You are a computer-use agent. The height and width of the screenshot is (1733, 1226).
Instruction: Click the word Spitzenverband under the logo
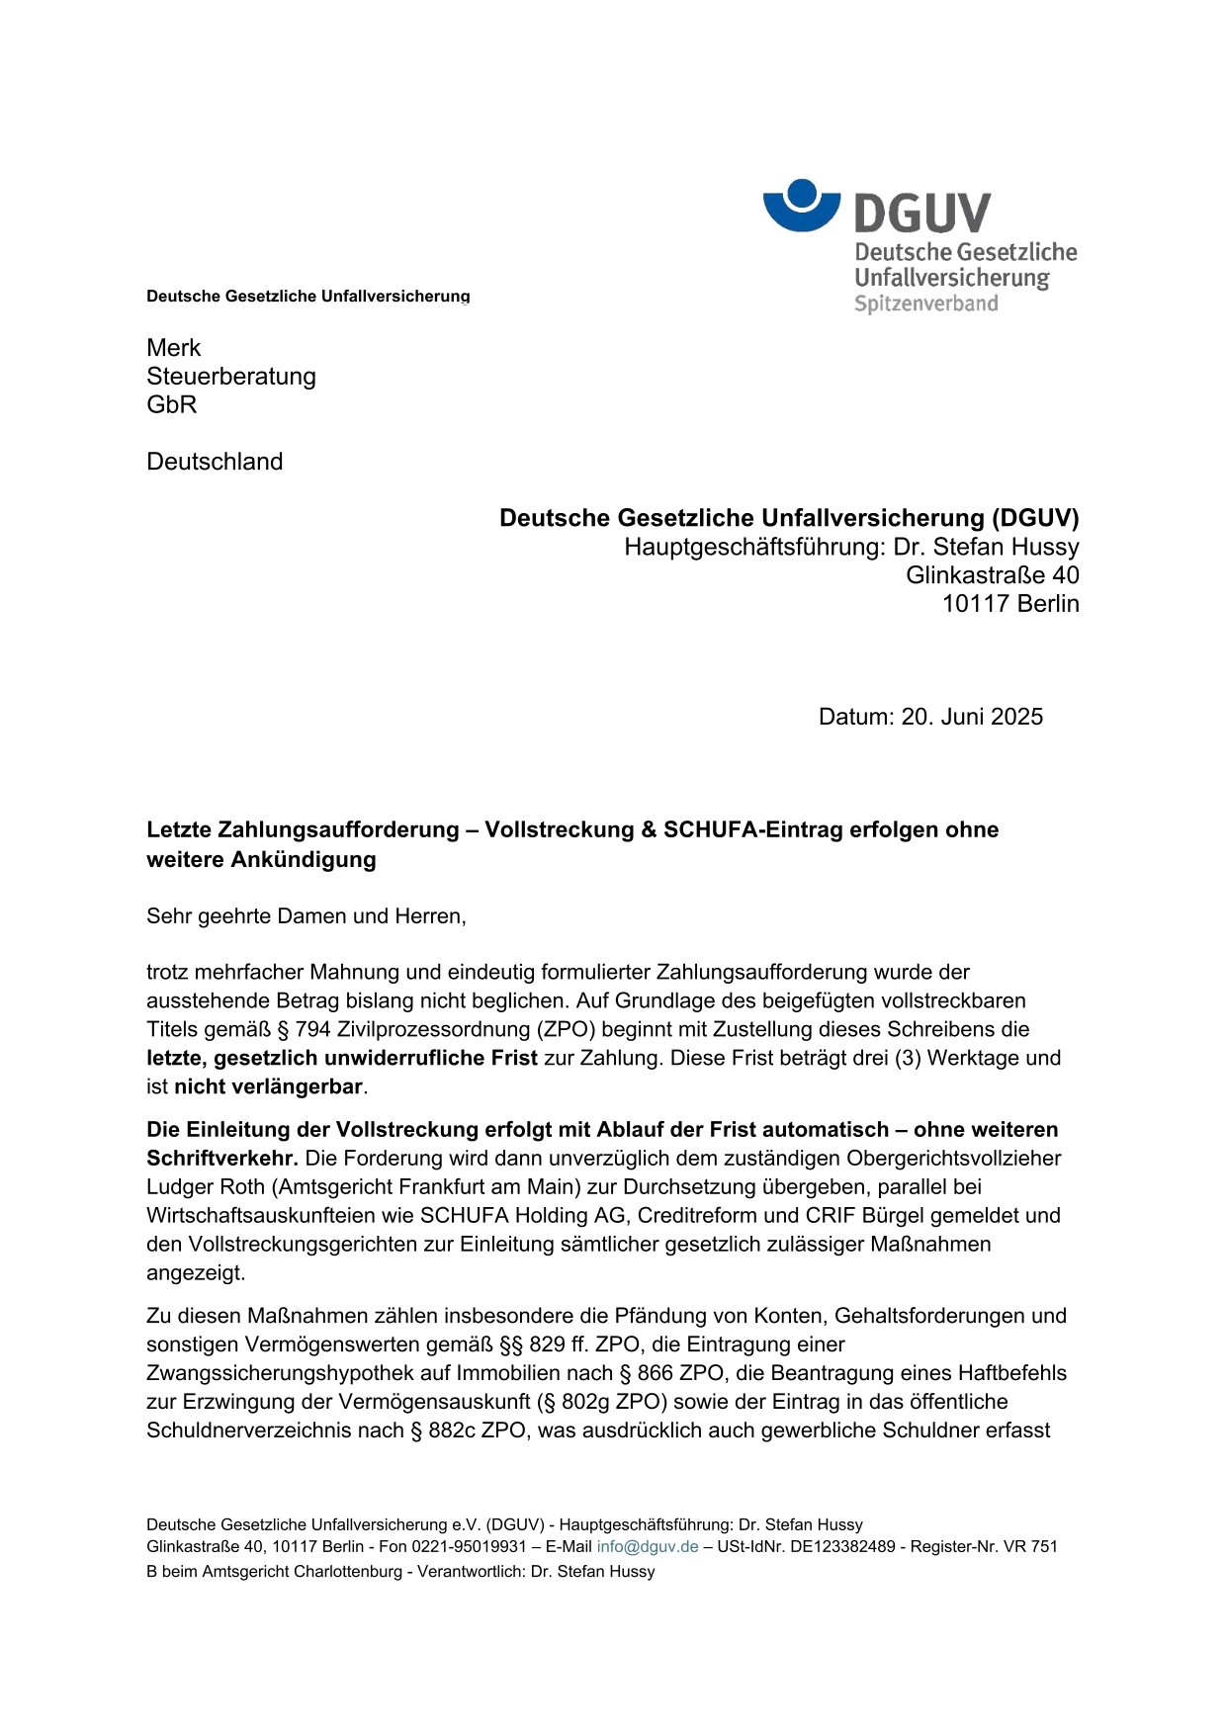(x=925, y=303)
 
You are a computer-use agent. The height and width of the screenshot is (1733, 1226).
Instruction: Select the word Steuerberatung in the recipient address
(x=231, y=377)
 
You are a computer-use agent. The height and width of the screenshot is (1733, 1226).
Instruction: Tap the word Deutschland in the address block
(x=215, y=462)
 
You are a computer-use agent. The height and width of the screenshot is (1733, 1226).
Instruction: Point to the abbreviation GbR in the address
(x=172, y=405)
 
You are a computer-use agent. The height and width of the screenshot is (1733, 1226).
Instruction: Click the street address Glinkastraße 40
(x=992, y=575)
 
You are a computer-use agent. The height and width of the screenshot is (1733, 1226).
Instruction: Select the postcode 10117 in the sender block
(x=972, y=604)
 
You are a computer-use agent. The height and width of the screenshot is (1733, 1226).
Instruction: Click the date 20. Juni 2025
(x=972, y=717)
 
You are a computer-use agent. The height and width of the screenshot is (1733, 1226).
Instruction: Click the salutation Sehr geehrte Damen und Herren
(x=306, y=916)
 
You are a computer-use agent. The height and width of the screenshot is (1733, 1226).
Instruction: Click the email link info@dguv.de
(x=648, y=1547)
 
